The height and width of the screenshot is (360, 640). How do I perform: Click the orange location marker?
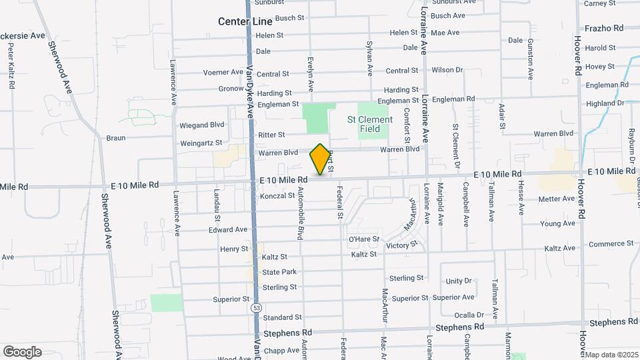pyautogui.click(x=321, y=159)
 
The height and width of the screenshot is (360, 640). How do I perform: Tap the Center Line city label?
pyautogui.click(x=245, y=22)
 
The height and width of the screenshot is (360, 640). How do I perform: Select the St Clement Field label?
pyautogui.click(x=370, y=124)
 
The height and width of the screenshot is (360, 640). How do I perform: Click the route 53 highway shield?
pyautogui.click(x=257, y=308)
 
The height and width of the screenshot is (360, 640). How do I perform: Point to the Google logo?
pyautogui.click(x=22, y=351)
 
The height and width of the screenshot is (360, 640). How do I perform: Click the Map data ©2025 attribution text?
pyautogui.click(x=611, y=355)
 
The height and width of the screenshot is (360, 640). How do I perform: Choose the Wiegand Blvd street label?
pyautogui.click(x=202, y=125)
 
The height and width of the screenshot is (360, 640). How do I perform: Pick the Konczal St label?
pyautogui.click(x=278, y=196)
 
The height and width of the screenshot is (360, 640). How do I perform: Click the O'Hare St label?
pyautogui.click(x=364, y=239)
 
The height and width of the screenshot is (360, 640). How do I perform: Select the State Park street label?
pyautogui.click(x=279, y=272)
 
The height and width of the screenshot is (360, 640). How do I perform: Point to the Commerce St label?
pyautogui.click(x=611, y=244)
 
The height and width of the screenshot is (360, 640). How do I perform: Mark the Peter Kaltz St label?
pyautogui.click(x=11, y=67)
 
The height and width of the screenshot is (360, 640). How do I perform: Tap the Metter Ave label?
pyautogui.click(x=556, y=199)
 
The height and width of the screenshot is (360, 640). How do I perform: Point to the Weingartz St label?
pyautogui.click(x=201, y=143)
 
